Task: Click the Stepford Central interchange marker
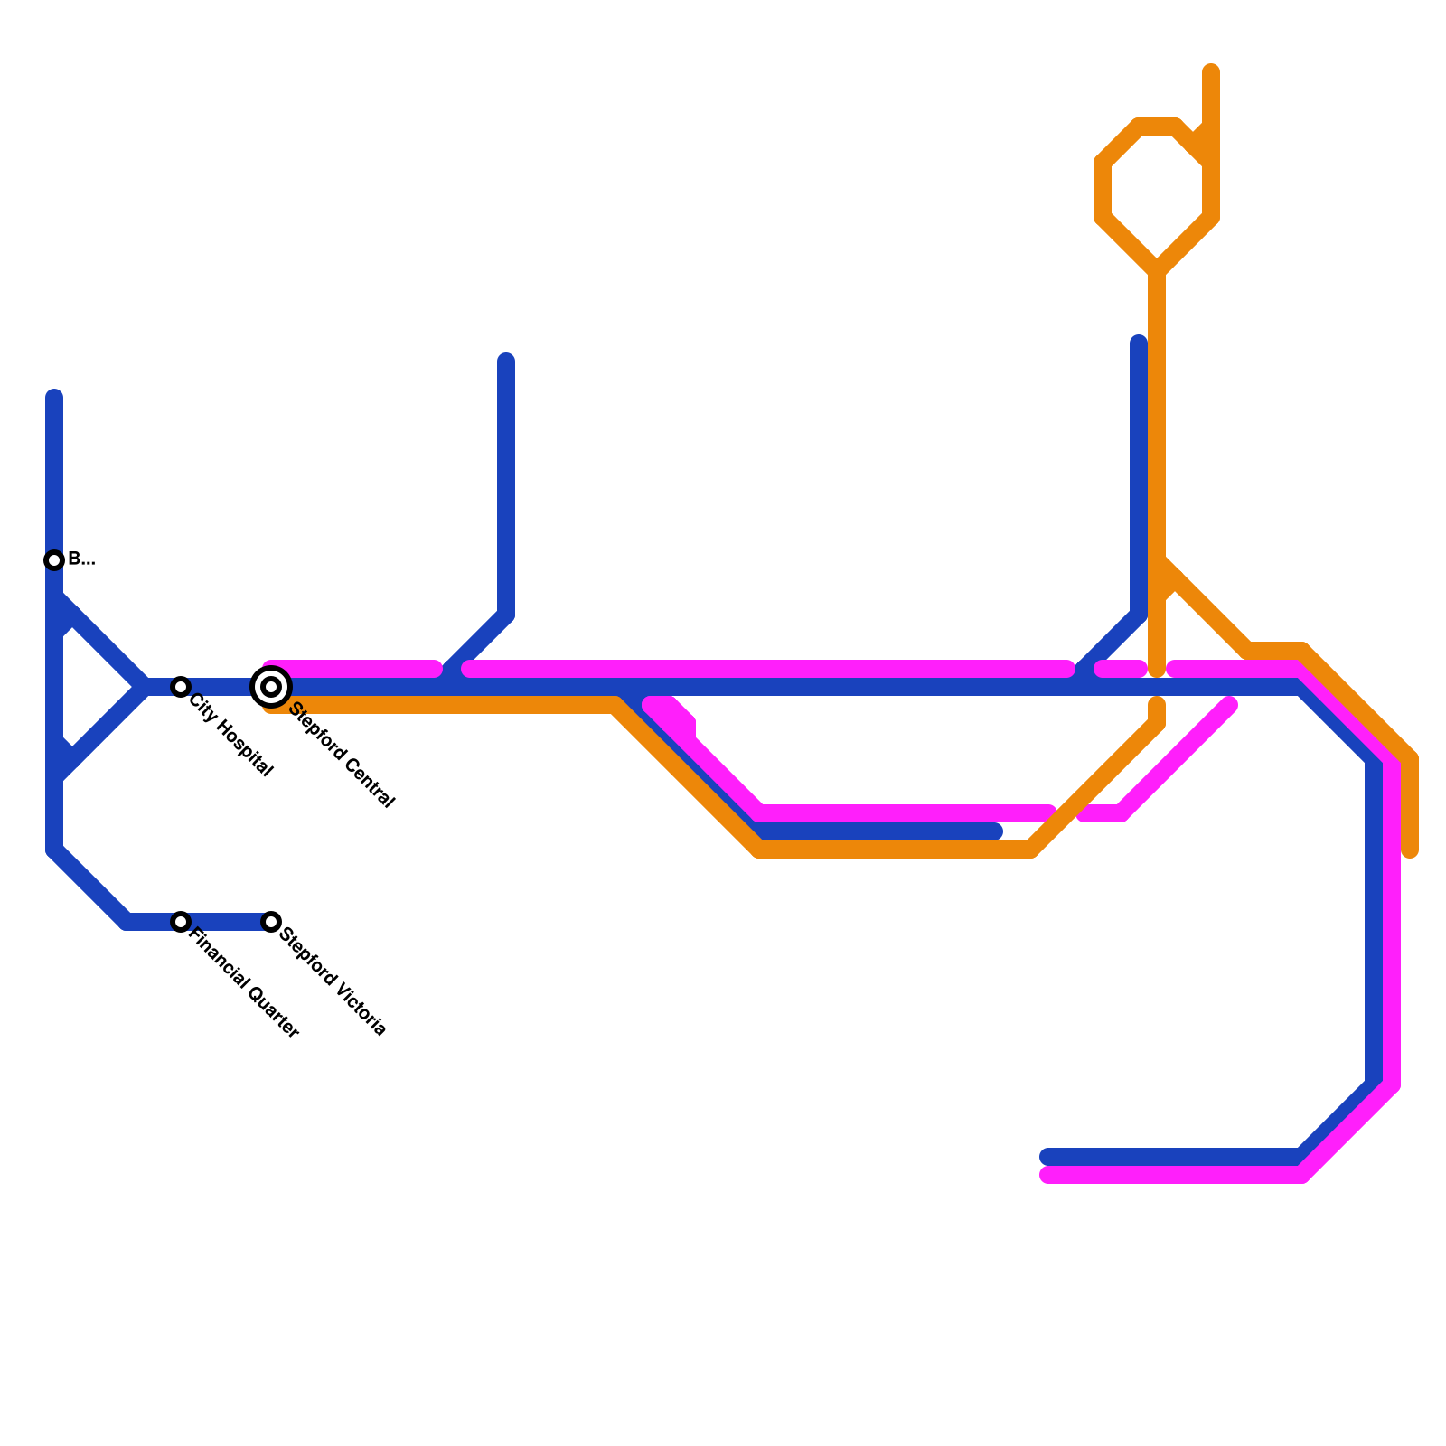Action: (x=271, y=687)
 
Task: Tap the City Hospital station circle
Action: (x=181, y=687)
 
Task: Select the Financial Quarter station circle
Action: (x=181, y=922)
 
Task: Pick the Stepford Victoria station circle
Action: (x=271, y=922)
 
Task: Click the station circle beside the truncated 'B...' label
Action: (x=54, y=560)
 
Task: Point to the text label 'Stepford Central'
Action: (x=342, y=756)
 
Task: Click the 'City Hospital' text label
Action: (x=230, y=736)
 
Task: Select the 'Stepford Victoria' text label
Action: (x=333, y=981)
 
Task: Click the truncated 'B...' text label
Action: (x=81, y=559)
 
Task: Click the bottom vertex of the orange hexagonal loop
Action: (x=1157, y=269)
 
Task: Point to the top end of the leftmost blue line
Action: (x=54, y=396)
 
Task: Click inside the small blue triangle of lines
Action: (x=90, y=687)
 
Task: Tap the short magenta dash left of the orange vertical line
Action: (x=1121, y=669)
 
